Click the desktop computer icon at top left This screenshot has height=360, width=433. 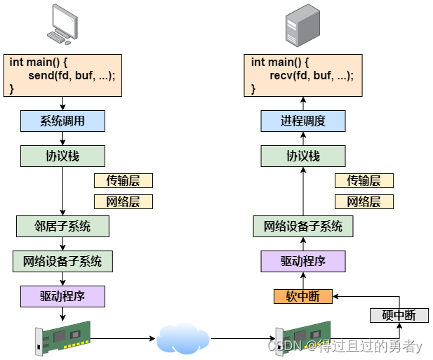(x=62, y=25)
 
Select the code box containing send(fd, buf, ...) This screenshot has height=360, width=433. (x=62, y=75)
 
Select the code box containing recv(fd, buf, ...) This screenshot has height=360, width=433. (x=304, y=75)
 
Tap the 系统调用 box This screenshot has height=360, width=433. (x=62, y=121)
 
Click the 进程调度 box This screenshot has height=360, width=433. (x=303, y=121)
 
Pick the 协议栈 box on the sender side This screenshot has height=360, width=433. (x=62, y=156)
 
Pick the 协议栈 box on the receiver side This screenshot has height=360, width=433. (x=303, y=156)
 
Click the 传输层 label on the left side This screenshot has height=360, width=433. (x=123, y=180)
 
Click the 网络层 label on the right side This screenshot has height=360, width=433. (x=364, y=202)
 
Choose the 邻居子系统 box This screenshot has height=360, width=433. (x=62, y=226)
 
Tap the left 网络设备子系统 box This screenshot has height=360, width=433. (x=62, y=261)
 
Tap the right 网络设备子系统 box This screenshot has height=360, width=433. (x=303, y=226)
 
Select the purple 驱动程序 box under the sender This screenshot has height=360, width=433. (x=62, y=296)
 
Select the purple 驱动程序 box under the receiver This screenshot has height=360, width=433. (x=303, y=261)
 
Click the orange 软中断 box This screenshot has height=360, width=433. (x=303, y=296)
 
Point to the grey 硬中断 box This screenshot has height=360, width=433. (x=398, y=315)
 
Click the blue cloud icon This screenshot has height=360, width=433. (x=183, y=338)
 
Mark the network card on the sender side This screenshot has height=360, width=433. (x=62, y=338)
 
